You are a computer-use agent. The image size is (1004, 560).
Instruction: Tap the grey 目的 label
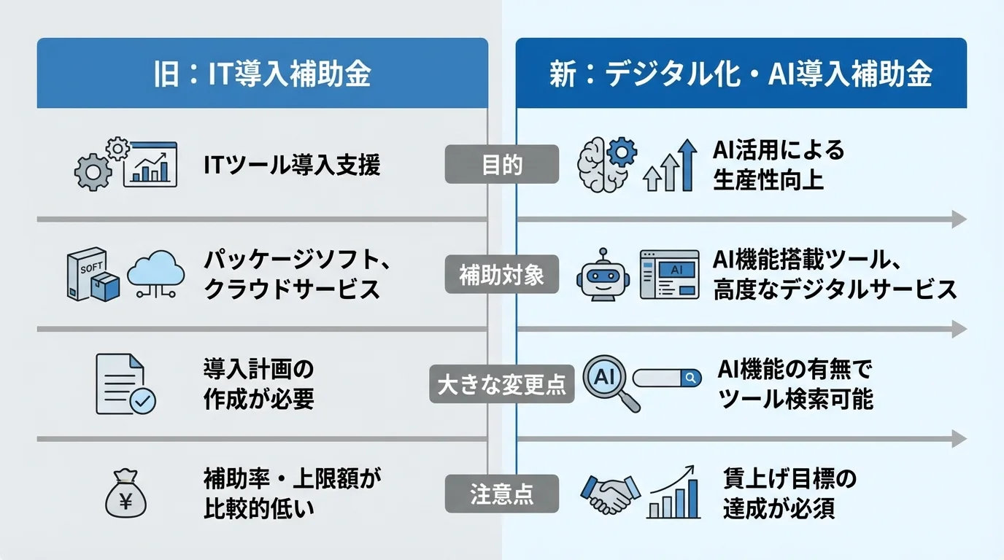point(502,165)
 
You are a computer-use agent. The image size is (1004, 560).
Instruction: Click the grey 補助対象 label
point(502,275)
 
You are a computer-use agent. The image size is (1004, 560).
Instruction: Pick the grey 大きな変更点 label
point(502,384)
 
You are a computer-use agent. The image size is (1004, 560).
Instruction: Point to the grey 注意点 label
point(502,494)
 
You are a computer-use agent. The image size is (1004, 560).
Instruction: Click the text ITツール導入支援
point(292,166)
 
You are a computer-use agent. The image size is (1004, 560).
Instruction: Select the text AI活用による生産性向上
point(779,165)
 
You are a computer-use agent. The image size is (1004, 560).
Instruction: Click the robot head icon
point(602,275)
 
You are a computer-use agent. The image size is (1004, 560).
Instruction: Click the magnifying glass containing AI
point(609,381)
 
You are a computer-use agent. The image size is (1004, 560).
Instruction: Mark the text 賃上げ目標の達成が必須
point(789,494)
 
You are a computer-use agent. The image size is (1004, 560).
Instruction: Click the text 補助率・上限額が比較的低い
point(292,494)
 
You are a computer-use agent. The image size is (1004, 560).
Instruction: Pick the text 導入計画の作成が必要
point(259,384)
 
